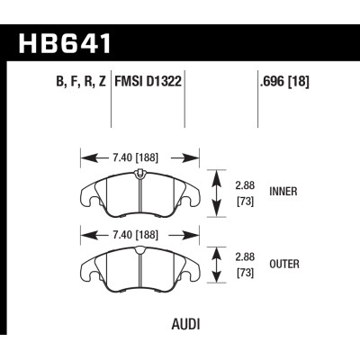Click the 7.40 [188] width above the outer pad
[139, 236]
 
